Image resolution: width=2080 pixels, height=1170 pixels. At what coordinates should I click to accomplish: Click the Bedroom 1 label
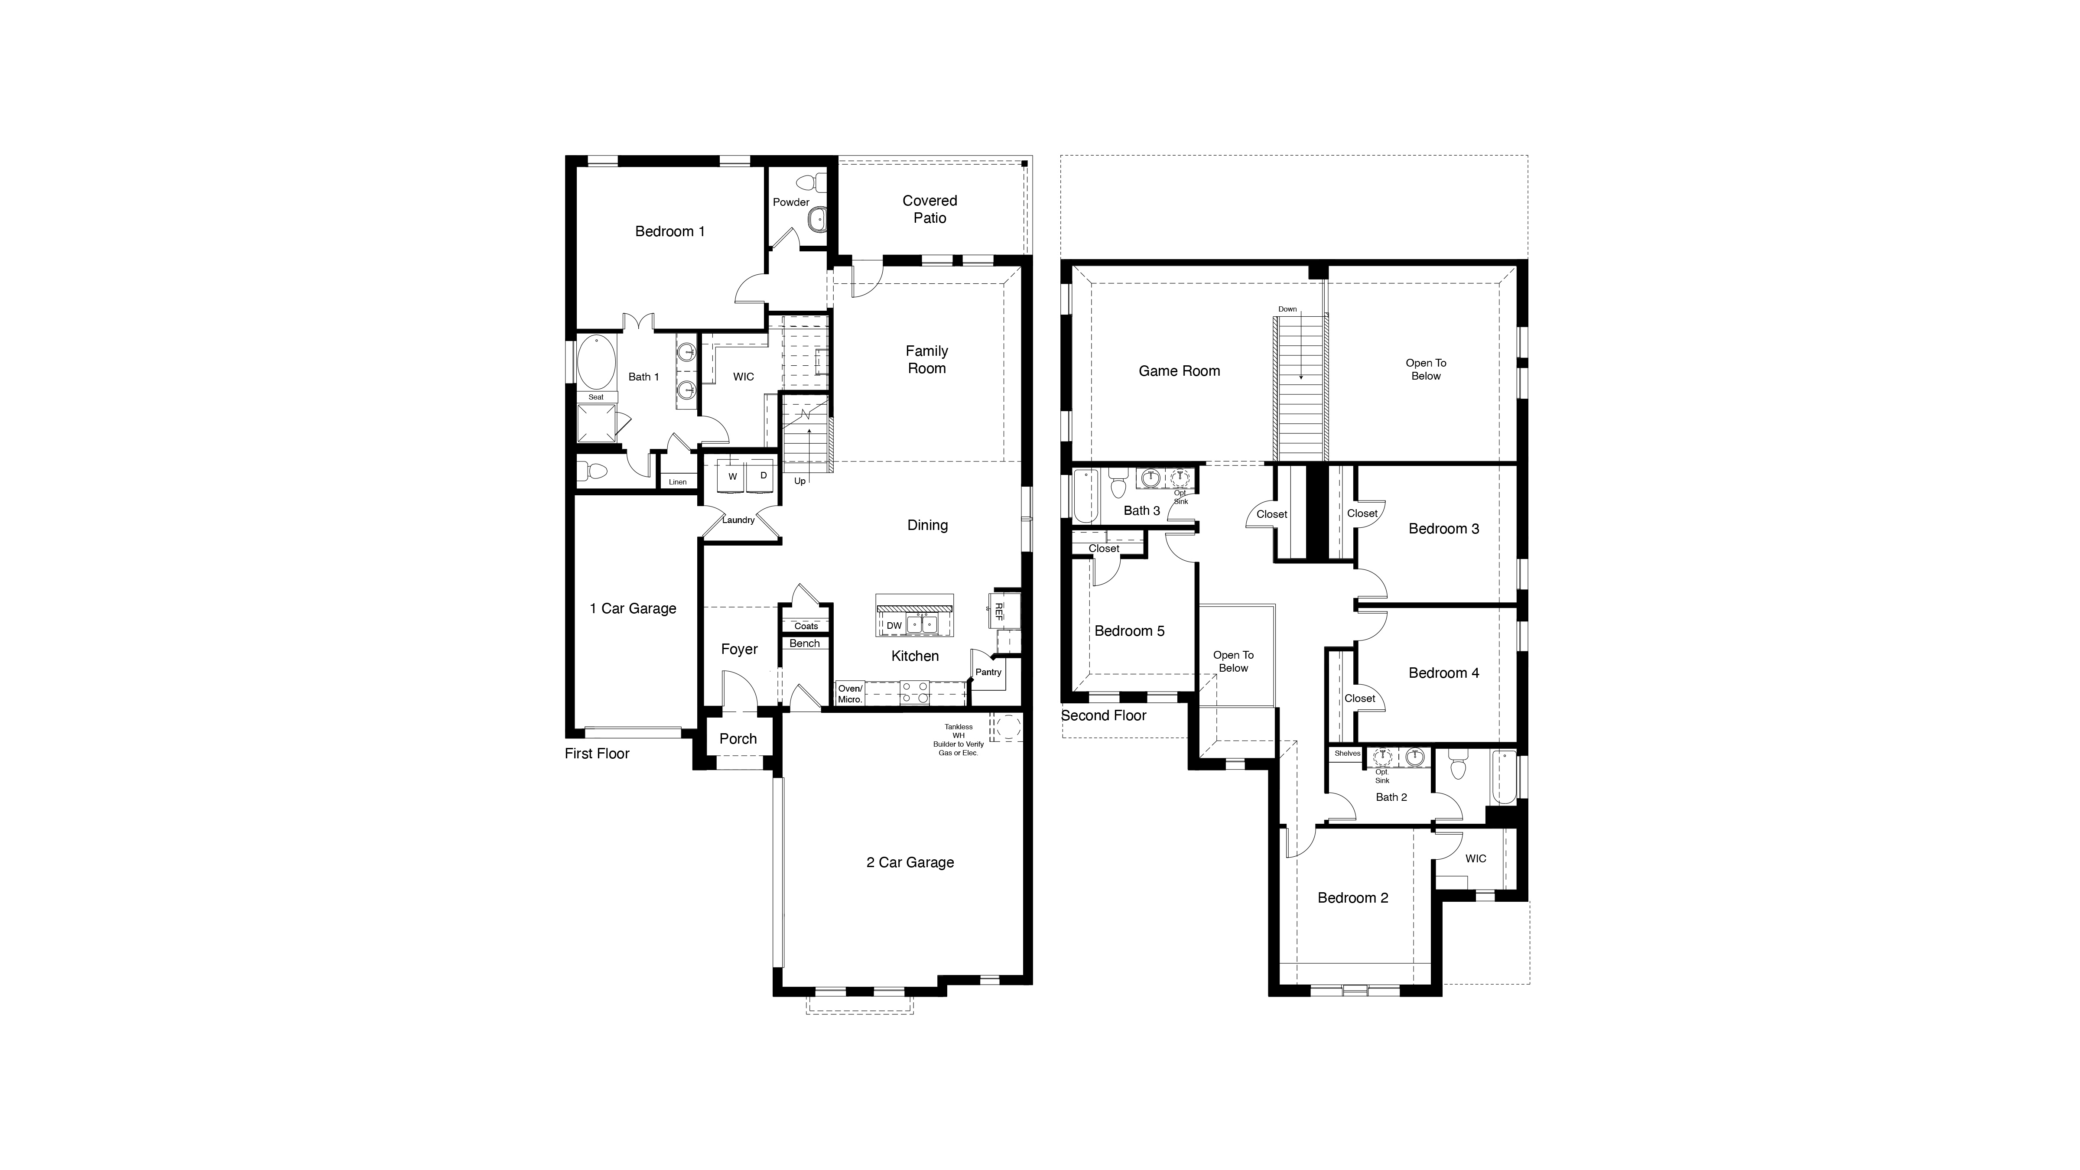669,232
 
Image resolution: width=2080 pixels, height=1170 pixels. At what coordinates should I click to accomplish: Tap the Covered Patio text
929,209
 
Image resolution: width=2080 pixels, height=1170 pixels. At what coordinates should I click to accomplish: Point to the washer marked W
732,476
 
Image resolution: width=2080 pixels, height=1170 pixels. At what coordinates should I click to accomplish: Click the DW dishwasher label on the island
894,626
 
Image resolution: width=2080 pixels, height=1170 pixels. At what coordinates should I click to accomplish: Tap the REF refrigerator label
999,611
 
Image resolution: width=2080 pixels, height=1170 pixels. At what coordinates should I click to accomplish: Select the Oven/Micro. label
849,694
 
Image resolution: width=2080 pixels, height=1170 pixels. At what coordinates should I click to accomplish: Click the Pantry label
988,672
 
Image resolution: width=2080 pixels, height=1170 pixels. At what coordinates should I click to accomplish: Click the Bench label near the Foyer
804,643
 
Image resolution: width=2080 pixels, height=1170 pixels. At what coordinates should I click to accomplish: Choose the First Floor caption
597,754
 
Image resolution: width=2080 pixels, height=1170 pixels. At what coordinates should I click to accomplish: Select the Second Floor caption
1103,715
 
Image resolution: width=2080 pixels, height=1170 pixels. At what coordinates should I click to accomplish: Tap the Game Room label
1179,371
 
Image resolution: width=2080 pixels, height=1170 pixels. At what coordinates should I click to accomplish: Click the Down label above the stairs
1287,309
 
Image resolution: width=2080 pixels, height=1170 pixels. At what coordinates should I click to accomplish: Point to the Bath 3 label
1142,510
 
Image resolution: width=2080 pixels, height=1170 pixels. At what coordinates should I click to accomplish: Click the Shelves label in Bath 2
1347,754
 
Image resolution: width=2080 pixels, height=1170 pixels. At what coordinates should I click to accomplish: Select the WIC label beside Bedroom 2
1475,858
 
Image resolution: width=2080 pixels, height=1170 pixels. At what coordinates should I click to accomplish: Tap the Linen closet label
677,482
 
